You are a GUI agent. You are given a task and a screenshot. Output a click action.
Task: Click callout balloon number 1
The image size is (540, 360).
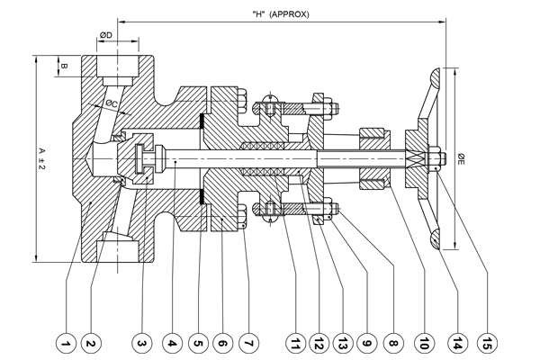(64, 342)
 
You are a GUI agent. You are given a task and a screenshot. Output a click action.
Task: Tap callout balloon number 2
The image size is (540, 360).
(89, 342)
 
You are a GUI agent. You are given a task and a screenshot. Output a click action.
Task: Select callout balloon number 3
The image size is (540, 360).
(140, 342)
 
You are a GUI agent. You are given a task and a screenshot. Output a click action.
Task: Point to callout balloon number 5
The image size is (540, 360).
(198, 342)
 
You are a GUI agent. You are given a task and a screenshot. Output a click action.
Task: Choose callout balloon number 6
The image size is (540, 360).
(222, 342)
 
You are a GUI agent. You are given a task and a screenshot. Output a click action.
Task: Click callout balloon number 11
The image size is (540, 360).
(295, 342)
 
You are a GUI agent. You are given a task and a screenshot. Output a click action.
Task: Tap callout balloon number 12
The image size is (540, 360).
(319, 342)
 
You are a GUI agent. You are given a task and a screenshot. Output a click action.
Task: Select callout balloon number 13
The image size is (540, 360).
(344, 342)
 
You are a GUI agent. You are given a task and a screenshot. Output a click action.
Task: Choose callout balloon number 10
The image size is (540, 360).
(423, 342)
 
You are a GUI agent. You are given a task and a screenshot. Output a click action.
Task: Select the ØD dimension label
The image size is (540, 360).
(105, 35)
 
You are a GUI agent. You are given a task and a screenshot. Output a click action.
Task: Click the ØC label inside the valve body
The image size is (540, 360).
(111, 104)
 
